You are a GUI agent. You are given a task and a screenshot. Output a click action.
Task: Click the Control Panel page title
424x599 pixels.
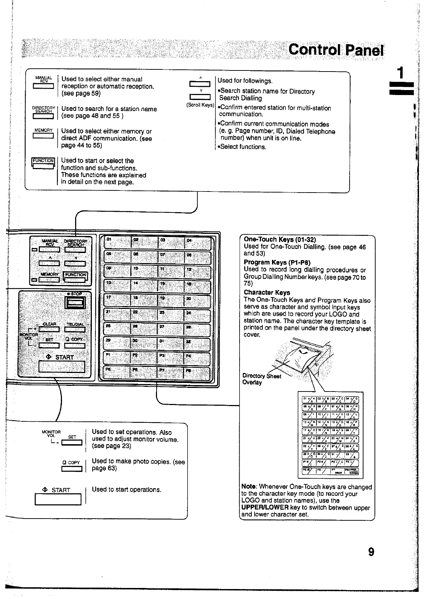tap(336, 50)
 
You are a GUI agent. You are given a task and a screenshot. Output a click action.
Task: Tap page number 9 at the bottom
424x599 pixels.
tap(371, 552)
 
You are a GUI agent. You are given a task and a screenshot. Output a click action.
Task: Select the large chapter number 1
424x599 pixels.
tap(401, 73)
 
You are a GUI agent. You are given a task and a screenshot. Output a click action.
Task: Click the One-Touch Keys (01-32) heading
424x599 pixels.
tap(280, 240)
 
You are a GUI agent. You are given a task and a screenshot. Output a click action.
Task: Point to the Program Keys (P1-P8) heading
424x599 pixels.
tap(277, 263)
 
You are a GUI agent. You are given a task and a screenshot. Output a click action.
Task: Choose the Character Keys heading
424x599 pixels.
tap(267, 293)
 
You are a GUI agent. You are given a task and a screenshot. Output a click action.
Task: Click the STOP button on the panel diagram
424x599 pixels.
tap(75, 303)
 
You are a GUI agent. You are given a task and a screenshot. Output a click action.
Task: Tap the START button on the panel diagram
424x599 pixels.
tap(62, 366)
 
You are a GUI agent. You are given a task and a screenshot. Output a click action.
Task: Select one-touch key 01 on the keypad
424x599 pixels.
tap(117, 243)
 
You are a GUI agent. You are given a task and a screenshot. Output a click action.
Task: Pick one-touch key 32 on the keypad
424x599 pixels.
tap(198, 344)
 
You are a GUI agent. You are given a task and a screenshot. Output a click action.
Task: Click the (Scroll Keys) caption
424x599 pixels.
tap(200, 105)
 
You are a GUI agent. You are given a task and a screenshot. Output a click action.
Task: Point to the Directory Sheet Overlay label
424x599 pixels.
tap(261, 379)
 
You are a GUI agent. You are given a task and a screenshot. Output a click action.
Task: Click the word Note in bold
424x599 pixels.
tap(248, 487)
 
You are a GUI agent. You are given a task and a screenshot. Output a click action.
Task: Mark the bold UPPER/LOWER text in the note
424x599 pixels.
tap(265, 508)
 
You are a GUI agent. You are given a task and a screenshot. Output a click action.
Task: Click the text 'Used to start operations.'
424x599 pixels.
tap(126, 490)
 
